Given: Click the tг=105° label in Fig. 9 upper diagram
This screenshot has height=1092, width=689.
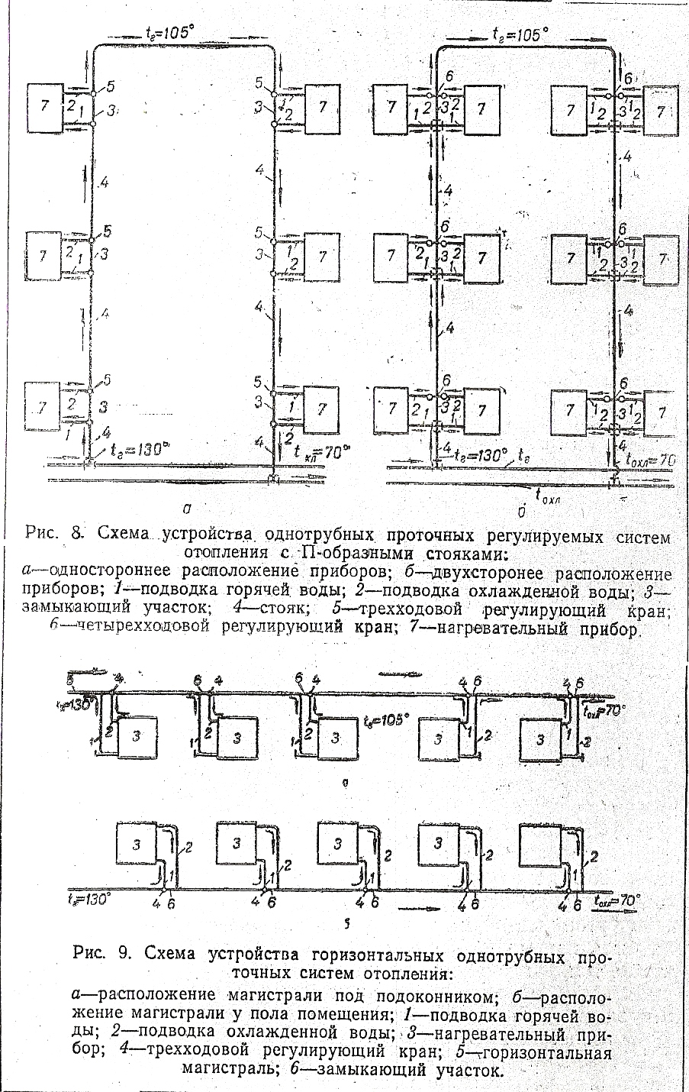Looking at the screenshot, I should click(x=385, y=720).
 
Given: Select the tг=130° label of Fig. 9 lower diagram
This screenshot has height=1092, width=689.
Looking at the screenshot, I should click(x=89, y=898).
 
